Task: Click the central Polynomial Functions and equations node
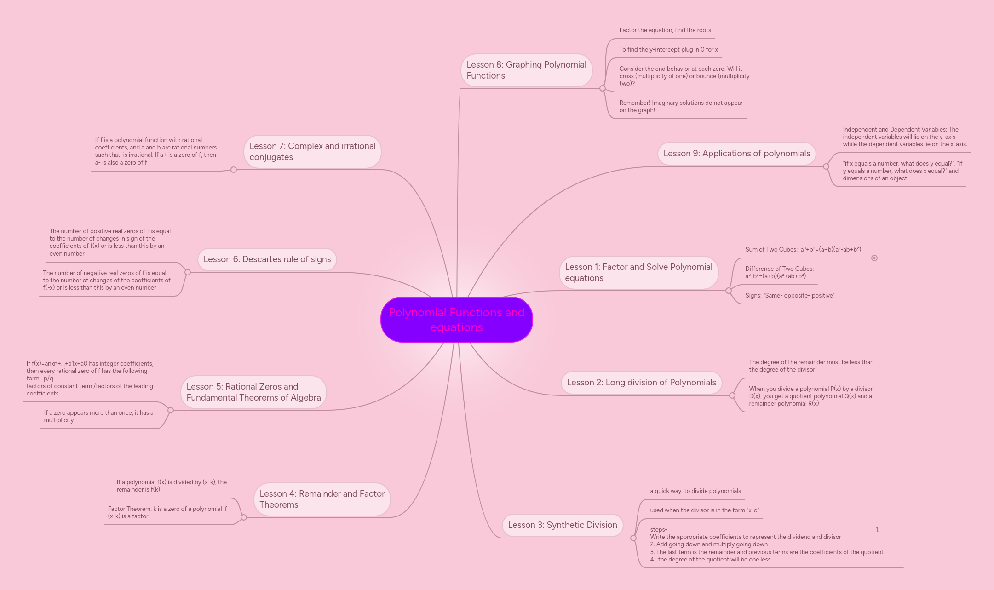(456, 320)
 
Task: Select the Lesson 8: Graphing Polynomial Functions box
(526, 70)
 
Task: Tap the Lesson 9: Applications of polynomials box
(736, 154)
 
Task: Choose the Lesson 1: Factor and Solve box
(638, 273)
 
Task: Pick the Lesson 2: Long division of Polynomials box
(641, 383)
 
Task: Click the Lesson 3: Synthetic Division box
(562, 525)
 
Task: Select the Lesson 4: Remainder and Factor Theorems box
(322, 499)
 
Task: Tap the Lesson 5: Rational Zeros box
(253, 392)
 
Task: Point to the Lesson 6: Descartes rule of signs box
(267, 259)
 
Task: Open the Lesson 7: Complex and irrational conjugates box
(312, 152)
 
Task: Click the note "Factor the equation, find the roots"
(665, 30)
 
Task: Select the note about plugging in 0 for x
(668, 50)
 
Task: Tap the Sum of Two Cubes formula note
(803, 250)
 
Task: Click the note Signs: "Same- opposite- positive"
(789, 296)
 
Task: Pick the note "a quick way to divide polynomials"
(695, 491)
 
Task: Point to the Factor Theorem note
(167, 513)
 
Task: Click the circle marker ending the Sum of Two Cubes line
(874, 258)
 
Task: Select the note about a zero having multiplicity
(98, 417)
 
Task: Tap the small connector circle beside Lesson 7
(234, 170)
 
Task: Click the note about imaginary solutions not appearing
(680, 107)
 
